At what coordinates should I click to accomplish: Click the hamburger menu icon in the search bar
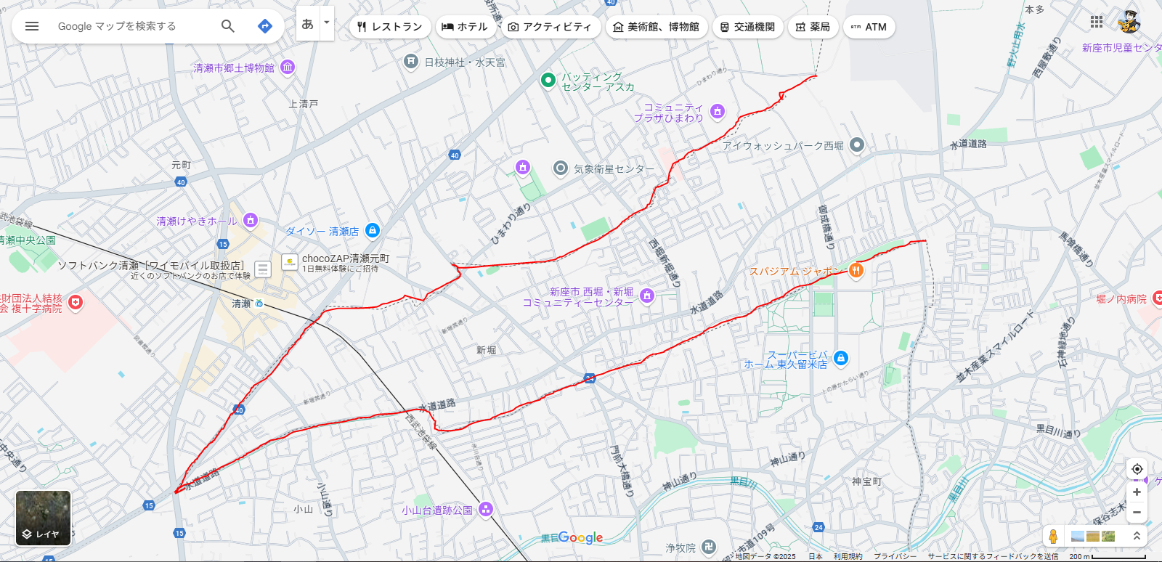32,26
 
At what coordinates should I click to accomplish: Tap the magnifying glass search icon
227,26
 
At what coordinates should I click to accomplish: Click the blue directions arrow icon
265,26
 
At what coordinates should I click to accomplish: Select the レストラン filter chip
390,27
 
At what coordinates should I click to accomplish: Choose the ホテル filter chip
465,27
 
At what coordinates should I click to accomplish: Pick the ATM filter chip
869,27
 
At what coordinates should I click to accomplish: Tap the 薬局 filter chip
812,27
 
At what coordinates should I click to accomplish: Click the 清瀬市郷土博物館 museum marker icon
288,68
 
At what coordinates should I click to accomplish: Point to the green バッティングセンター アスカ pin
548,80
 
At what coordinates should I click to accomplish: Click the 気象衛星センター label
614,168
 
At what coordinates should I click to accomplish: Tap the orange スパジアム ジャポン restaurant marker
856,271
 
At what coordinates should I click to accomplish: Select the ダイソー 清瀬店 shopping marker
373,231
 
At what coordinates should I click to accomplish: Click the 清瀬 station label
242,304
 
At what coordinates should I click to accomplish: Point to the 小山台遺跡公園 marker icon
486,510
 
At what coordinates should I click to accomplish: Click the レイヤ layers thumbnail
44,518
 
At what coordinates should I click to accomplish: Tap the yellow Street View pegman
1053,537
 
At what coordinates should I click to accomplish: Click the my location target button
1137,469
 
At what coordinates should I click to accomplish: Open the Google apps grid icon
1097,23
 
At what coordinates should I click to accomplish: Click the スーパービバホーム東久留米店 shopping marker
841,358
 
